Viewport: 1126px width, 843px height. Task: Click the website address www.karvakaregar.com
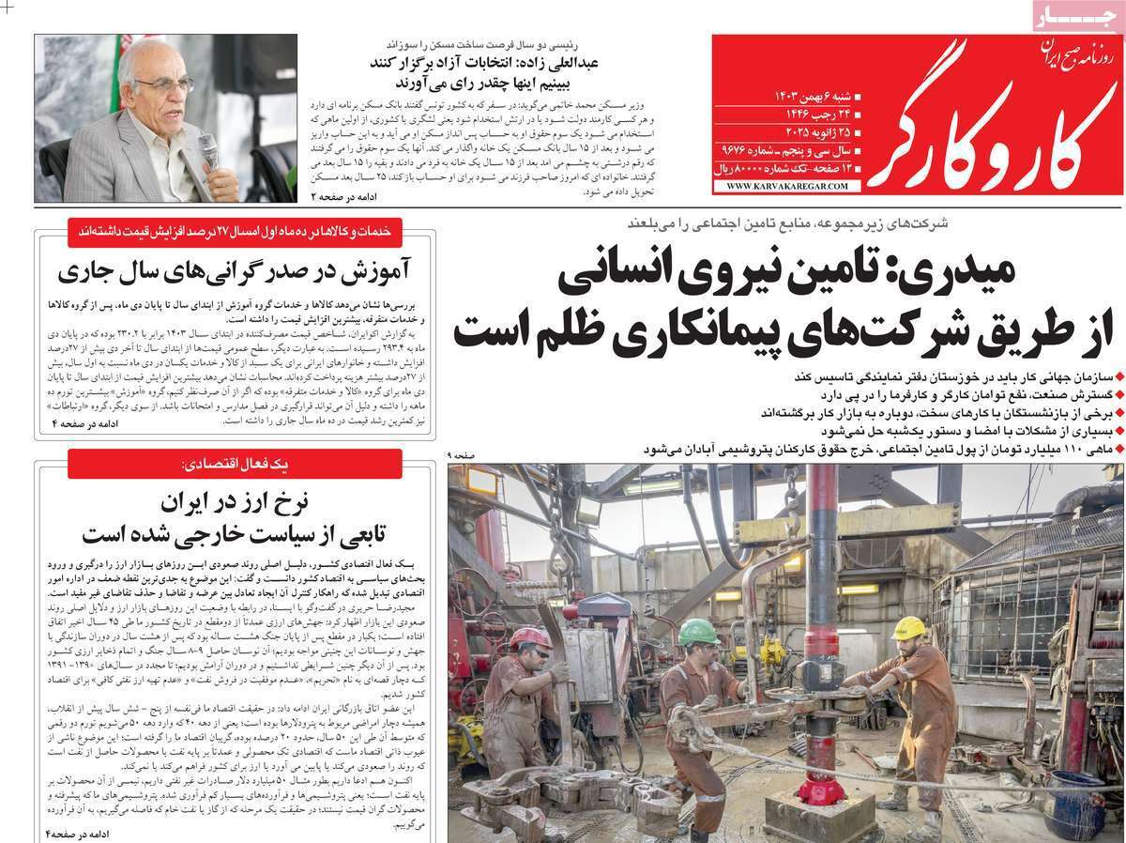[x=786, y=186]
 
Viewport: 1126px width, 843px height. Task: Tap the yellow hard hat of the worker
[x=907, y=627]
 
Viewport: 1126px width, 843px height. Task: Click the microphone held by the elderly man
[x=207, y=149]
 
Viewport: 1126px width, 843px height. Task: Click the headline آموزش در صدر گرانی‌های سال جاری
[x=234, y=271]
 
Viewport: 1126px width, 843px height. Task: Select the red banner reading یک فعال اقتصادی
[x=235, y=464]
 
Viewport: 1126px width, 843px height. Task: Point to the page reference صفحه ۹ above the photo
[x=462, y=455]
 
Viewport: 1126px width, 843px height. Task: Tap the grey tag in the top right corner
[x=1075, y=16]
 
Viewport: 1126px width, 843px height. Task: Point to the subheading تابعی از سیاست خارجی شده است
[x=235, y=533]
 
